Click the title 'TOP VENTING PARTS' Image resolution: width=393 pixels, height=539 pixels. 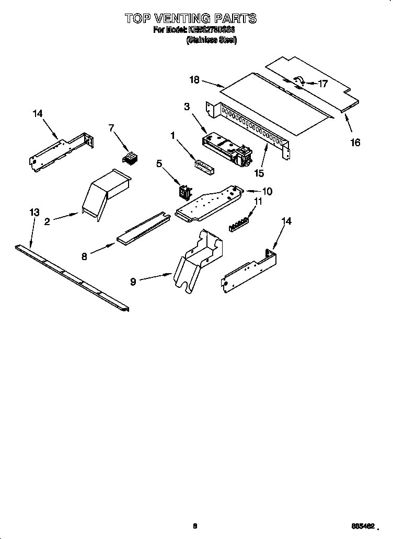[x=191, y=19]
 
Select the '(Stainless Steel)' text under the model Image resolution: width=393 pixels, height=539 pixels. [x=212, y=40]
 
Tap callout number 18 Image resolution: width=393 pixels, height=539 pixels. [x=194, y=79]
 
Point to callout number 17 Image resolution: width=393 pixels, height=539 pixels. [x=322, y=83]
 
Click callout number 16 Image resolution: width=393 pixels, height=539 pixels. [x=355, y=142]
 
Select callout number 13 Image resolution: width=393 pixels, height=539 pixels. [x=34, y=212]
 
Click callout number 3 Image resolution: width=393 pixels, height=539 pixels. [x=187, y=107]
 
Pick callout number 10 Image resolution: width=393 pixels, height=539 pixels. [x=267, y=191]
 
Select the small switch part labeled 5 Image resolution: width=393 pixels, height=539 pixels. [x=184, y=192]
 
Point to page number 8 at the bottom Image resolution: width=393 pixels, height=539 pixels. [x=195, y=526]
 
